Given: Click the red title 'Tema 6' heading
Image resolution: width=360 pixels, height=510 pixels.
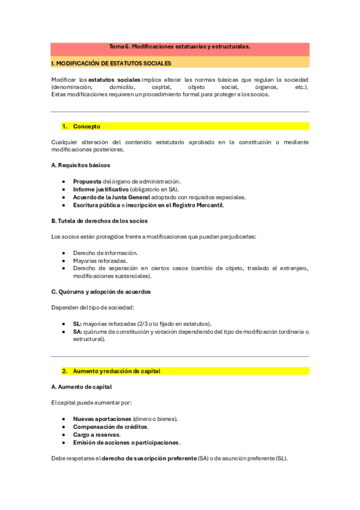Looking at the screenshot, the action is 180,46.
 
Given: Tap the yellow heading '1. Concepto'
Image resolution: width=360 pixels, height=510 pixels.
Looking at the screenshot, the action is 87,126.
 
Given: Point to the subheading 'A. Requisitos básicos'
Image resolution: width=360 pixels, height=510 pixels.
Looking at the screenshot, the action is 81,165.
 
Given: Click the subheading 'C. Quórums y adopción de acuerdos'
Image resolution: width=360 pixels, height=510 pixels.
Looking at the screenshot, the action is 101,292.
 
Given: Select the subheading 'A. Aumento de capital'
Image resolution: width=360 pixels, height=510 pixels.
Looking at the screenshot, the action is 81,387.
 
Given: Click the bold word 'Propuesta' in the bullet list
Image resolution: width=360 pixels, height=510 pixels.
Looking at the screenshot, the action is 87,181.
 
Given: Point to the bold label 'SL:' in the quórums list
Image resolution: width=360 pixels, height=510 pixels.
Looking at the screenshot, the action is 77,324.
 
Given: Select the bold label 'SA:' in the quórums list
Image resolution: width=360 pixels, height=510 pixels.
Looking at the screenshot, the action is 78,331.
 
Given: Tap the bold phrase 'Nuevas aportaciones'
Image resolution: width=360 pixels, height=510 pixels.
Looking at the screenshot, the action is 102,419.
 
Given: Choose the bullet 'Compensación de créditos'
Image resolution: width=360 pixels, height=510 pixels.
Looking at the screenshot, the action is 111,426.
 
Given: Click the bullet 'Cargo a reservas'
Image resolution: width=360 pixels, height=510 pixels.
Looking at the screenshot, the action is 97,435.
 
